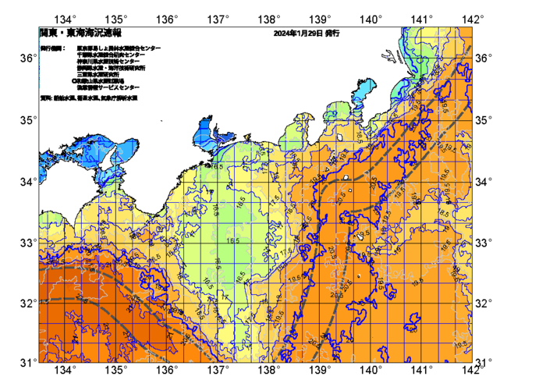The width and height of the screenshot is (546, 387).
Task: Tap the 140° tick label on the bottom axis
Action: point(370,369)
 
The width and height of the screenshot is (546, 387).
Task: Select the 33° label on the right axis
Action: point(484,242)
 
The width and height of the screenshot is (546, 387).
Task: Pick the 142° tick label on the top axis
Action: point(471,18)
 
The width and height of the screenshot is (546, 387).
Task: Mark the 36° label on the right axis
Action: point(484,59)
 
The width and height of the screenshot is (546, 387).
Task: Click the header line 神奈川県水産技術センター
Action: point(108,61)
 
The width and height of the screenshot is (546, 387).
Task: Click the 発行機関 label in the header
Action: point(53,48)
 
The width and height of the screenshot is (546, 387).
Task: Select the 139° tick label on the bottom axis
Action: point(319,369)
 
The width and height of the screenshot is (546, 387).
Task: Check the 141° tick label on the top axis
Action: point(421,18)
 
